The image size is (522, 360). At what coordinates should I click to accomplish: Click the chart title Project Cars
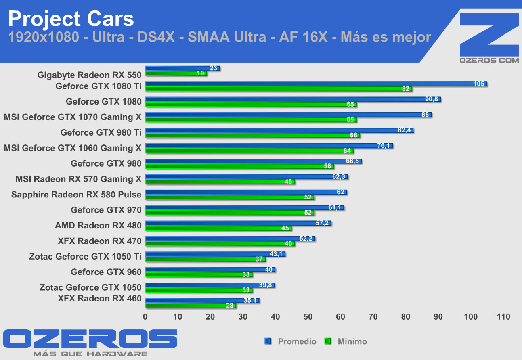click(x=71, y=19)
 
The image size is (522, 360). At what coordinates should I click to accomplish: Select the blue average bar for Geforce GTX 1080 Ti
click(x=315, y=84)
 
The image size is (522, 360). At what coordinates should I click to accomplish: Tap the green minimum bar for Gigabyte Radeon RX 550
click(x=176, y=73)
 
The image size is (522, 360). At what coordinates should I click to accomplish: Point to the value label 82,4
click(x=404, y=130)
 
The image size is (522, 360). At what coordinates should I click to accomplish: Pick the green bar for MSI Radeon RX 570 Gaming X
click(x=220, y=182)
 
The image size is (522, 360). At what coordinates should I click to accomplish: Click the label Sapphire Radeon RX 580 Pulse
click(x=76, y=195)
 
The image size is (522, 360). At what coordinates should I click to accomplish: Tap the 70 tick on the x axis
click(x=373, y=317)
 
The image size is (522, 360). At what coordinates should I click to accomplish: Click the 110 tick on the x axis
click(x=503, y=317)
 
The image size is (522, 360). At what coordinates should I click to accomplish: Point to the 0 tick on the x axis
click(x=145, y=317)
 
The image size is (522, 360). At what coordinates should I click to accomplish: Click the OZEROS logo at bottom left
click(x=90, y=339)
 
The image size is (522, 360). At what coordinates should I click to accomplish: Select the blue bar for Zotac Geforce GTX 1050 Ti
click(x=215, y=254)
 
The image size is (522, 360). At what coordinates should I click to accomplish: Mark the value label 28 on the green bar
click(x=230, y=306)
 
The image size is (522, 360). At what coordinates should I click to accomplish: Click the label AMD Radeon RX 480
click(x=98, y=226)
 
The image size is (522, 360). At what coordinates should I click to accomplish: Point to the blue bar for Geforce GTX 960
click(x=210, y=270)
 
